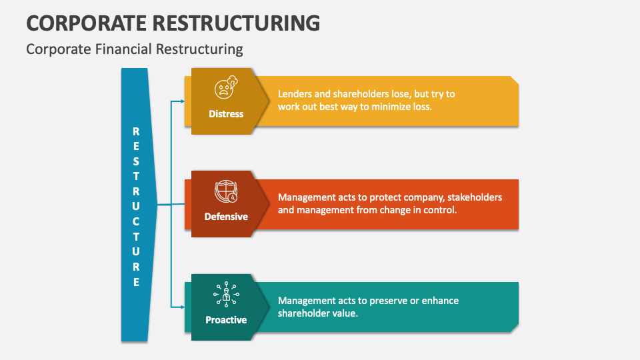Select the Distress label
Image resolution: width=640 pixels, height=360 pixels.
226,114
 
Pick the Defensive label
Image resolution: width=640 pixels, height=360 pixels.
226,217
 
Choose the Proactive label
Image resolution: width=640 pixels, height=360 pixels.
226,320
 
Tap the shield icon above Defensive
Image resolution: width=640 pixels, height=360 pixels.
225,192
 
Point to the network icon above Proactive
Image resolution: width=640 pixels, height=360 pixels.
225,294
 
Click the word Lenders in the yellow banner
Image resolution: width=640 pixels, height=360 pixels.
295,94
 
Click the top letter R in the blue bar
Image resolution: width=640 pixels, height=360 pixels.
136,131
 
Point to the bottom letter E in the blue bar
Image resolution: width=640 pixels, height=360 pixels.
136,282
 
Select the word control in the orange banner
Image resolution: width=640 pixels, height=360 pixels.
438,210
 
